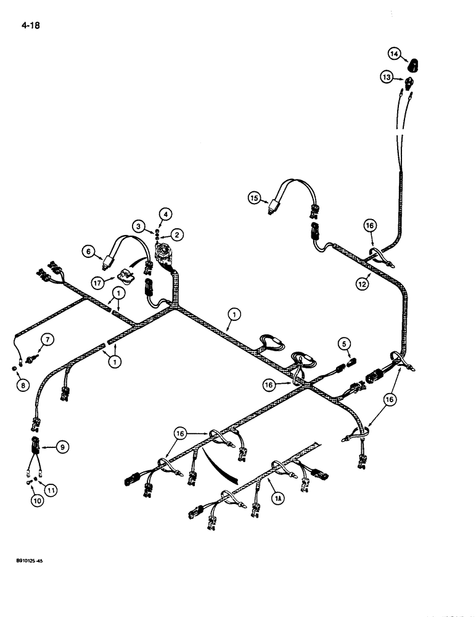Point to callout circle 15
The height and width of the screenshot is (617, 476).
click(x=254, y=198)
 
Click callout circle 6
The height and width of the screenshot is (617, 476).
click(x=89, y=251)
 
